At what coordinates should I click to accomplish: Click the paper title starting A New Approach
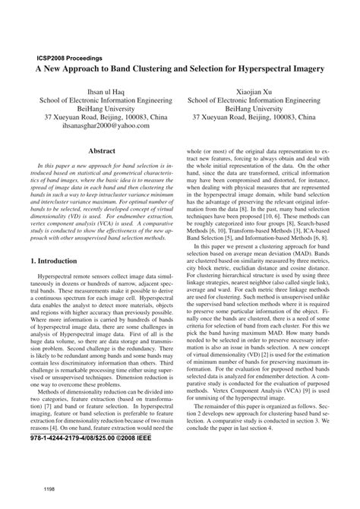click(179, 68)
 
